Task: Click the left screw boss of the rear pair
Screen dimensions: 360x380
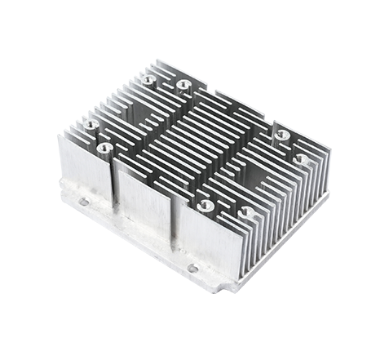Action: [x=148, y=80]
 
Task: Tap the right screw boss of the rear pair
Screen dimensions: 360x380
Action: [x=181, y=84]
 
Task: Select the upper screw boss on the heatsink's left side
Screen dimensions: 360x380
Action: [x=89, y=125]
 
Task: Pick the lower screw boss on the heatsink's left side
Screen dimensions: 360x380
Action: [x=105, y=148]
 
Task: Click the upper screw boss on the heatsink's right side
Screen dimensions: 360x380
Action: [x=282, y=135]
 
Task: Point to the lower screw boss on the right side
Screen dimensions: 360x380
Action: [x=299, y=158]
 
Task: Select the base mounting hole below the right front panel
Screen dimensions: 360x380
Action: [x=192, y=268]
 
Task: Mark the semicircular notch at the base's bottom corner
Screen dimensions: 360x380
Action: [x=221, y=287]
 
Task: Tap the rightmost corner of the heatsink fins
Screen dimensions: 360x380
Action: [x=329, y=151]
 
